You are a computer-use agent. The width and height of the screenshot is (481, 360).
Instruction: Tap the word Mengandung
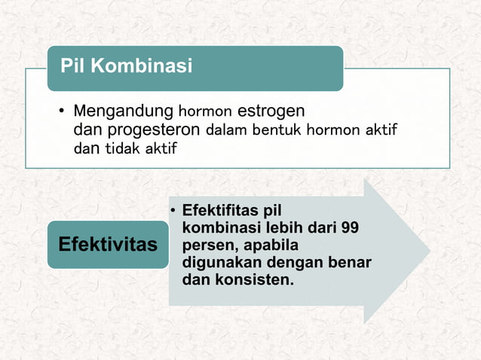[x=123, y=111]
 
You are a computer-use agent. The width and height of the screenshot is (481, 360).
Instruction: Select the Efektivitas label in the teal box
[x=108, y=245]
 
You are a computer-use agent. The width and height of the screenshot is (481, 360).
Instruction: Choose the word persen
[x=206, y=245]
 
